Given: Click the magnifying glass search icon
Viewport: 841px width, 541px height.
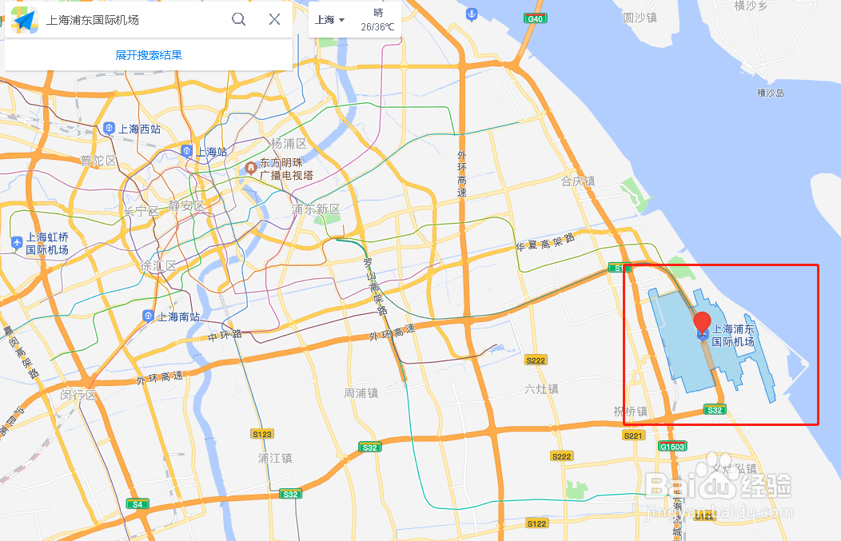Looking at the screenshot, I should tap(238, 19).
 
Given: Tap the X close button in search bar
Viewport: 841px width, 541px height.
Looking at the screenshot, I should tap(274, 19).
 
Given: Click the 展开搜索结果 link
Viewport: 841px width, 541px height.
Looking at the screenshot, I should tap(149, 55).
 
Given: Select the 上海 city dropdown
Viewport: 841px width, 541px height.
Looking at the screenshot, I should tap(329, 20).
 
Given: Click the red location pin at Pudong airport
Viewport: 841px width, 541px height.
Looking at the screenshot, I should tap(702, 324).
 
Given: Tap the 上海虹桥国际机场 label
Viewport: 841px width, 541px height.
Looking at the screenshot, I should tap(47, 243).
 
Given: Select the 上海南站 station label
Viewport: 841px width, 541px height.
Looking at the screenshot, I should tap(177, 316).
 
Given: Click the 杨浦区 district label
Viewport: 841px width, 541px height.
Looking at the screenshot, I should tap(289, 144).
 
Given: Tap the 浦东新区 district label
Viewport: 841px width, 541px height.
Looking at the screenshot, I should tap(316, 209).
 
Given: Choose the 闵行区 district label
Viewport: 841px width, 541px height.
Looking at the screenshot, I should tap(78, 395).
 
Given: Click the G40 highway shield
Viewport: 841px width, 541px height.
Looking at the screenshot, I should tap(536, 18).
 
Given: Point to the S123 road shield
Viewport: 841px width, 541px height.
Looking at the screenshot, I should tap(262, 434).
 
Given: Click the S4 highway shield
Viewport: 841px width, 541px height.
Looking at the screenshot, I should tap(138, 504).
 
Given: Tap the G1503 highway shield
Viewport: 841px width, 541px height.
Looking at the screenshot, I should tap(672, 446).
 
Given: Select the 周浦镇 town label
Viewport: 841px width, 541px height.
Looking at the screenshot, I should tap(361, 392).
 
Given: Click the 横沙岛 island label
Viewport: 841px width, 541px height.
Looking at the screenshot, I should tap(771, 93).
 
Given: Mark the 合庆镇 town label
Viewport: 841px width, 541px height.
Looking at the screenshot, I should tap(578, 181).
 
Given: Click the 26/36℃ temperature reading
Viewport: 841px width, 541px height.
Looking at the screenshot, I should tap(377, 27).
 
